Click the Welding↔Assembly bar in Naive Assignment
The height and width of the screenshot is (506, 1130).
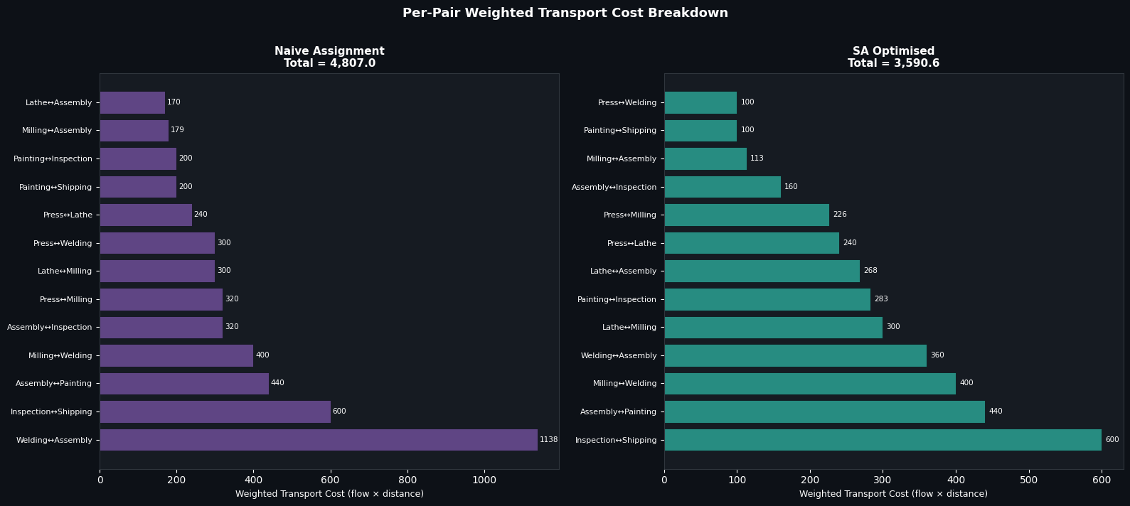(x=319, y=440)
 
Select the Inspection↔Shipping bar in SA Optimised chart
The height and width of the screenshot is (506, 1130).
(x=883, y=440)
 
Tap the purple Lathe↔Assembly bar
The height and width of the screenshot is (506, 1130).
(x=132, y=102)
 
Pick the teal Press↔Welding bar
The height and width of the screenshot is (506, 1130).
(x=700, y=102)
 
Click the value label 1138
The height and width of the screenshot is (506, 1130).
(x=548, y=440)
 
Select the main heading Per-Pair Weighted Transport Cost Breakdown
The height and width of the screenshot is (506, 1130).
(x=565, y=14)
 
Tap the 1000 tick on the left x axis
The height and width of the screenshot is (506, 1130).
(x=484, y=480)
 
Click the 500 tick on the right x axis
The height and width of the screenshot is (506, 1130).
(x=1028, y=480)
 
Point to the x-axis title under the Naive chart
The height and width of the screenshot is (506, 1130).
(x=329, y=494)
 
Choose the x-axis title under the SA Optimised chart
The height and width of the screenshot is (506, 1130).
(x=893, y=494)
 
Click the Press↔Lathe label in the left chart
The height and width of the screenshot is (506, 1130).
(x=68, y=215)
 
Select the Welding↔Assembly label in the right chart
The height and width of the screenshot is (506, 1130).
(x=619, y=356)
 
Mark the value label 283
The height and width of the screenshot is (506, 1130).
(x=881, y=299)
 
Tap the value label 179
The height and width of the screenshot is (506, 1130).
(x=177, y=130)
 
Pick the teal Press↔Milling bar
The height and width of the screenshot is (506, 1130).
(x=747, y=215)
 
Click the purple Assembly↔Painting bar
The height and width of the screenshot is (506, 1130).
(x=184, y=384)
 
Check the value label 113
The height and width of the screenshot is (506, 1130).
(x=757, y=158)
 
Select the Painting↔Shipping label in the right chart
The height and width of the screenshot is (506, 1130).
(x=620, y=131)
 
